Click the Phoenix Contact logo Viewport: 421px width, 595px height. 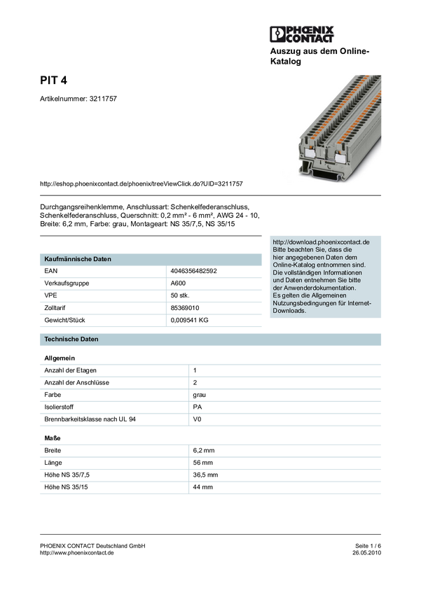coord(302,34)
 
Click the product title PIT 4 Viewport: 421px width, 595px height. coord(53,80)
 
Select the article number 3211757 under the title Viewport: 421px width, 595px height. coord(103,99)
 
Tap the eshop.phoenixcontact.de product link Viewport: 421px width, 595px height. coord(142,183)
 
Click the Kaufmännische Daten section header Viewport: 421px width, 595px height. coord(78,259)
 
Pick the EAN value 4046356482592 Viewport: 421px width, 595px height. coord(193,271)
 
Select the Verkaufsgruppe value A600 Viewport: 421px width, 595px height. coord(178,283)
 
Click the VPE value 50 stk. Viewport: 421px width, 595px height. coord(180,295)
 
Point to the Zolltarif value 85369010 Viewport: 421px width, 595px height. coord(185,308)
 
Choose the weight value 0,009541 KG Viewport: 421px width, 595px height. coord(189,320)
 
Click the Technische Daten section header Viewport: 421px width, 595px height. coord(71,339)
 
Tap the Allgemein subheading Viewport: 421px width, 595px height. coord(60,358)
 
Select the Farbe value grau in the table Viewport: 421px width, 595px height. coord(200,395)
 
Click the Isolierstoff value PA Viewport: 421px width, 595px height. coord(198,407)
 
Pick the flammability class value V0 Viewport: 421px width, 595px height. coord(197,419)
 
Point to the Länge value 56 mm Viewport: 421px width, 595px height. coord(202,463)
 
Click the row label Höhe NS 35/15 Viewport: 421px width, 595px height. coord(66,487)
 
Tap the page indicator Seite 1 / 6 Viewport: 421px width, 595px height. coord(368,546)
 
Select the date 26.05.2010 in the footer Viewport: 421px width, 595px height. coord(367,553)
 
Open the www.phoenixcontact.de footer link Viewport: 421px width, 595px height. coord(77,553)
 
